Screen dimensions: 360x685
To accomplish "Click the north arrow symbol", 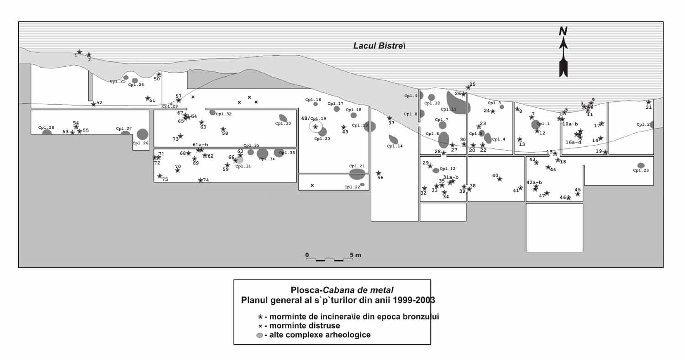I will click(x=564, y=53).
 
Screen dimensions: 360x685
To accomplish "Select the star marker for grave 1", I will click(x=79, y=52).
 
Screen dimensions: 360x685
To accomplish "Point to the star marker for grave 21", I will click(x=648, y=102).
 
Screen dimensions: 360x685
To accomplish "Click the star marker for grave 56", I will click(x=379, y=173).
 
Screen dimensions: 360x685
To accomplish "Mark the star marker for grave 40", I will click(x=500, y=179).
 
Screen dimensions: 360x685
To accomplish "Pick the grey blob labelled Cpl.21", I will click(x=357, y=174).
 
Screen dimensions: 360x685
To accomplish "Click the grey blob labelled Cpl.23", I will click(x=641, y=165).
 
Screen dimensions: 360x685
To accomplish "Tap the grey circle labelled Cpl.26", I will click(x=142, y=134).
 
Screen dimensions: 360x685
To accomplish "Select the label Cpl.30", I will click(x=283, y=124).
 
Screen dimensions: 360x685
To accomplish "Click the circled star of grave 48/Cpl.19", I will click(x=316, y=127).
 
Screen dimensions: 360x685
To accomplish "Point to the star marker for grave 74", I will click(x=200, y=180).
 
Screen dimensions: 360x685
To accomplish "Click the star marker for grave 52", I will click(x=94, y=104).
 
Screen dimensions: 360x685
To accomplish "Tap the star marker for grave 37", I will click(x=390, y=118).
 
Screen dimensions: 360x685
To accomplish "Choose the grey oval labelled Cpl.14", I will click(x=393, y=139).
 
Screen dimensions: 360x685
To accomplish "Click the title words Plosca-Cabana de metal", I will click(x=342, y=290).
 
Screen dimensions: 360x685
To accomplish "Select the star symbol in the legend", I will click(x=260, y=317).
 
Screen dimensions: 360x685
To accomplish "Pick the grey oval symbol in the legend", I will click(x=260, y=335).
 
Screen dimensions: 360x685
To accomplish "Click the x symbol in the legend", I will click(x=260, y=326).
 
